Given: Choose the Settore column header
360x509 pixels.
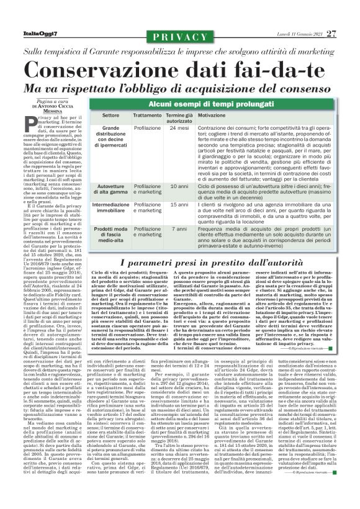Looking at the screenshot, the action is tap(110, 116).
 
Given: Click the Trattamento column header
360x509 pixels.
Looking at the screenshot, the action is tap(146, 116).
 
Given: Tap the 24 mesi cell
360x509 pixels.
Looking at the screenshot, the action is tap(179, 128).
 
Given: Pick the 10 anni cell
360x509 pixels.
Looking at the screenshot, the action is tap(179, 186).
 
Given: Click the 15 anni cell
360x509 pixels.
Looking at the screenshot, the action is tap(179, 204).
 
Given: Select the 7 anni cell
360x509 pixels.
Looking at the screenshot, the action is tap(179, 229).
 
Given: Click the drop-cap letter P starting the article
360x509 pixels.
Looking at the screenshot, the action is tap(43, 121).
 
